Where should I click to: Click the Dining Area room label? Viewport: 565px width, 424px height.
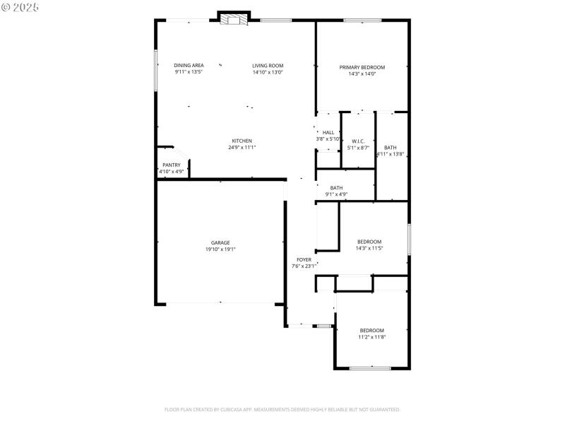click(189, 66)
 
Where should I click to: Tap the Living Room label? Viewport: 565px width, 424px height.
click(268, 66)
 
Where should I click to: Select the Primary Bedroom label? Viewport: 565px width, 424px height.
click(362, 67)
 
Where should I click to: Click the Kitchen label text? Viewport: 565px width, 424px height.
click(242, 141)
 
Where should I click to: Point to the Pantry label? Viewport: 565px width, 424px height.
click(171, 165)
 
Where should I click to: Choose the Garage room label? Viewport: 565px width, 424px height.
click(220, 242)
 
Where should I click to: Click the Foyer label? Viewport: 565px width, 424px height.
click(304, 260)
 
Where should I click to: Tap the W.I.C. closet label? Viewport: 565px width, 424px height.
click(358, 141)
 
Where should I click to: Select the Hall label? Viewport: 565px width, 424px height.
click(328, 133)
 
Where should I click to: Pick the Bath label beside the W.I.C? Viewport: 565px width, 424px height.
click(390, 148)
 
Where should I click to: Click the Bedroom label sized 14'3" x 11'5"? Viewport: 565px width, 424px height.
click(369, 242)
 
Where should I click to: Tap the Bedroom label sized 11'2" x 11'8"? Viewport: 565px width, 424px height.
click(371, 331)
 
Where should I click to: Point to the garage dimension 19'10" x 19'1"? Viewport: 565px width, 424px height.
click(220, 249)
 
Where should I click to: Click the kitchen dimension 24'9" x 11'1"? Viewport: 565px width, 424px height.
click(242, 147)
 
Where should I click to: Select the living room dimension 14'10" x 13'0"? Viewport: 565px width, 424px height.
click(268, 72)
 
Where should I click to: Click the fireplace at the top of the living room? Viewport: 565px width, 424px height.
click(233, 19)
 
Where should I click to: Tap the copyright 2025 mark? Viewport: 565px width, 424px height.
click(20, 6)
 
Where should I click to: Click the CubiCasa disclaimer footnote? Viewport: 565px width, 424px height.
click(282, 409)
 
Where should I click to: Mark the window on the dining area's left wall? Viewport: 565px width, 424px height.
click(155, 70)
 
